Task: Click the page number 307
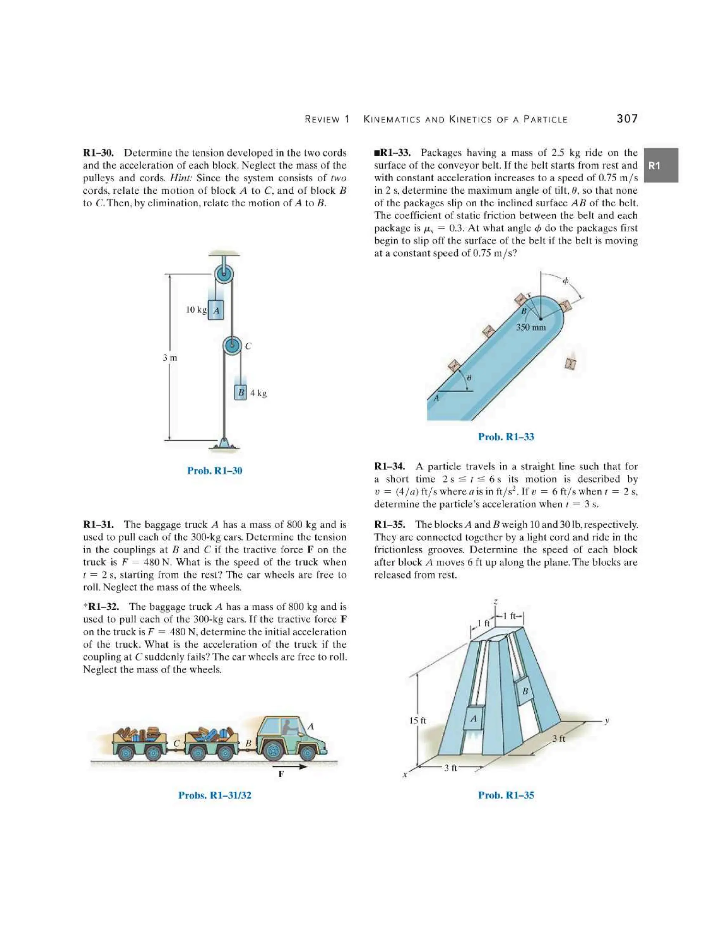pyautogui.click(x=627, y=119)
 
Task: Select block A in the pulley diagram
pyautogui.click(x=216, y=310)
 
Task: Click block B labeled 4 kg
pyautogui.click(x=241, y=392)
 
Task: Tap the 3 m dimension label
pyautogui.click(x=169, y=357)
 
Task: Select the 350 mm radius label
pyautogui.click(x=531, y=327)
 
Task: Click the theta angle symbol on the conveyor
pyautogui.click(x=469, y=378)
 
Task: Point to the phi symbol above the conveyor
pyautogui.click(x=566, y=281)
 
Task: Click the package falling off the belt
pyautogui.click(x=570, y=363)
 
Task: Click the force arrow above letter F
pyautogui.click(x=291, y=766)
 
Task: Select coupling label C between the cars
pyautogui.click(x=175, y=744)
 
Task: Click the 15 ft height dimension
pyautogui.click(x=417, y=720)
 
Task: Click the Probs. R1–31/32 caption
pyautogui.click(x=215, y=795)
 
